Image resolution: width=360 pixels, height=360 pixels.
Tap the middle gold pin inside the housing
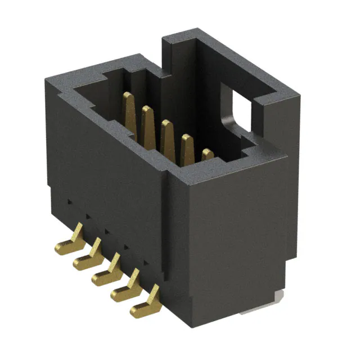coord(167,135)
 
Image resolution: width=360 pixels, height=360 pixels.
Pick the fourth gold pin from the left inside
coord(187,147)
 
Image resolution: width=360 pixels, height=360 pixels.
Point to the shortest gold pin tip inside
coord(208,154)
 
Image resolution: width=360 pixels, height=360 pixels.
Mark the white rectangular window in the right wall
coord(238,110)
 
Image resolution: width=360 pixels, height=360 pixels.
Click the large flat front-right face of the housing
coord(236,236)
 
